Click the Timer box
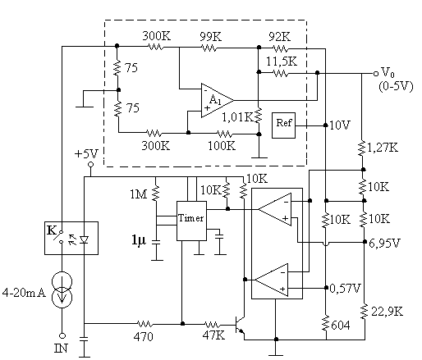pos(191,221)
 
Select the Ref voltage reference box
pos(283,125)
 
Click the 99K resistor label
pos(210,37)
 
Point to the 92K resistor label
pos(279,37)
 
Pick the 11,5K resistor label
pos(282,62)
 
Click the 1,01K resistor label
pos(237,117)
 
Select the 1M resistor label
pos(139,194)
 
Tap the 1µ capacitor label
pos(139,240)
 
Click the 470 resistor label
pos(144,336)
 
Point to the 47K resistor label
pos(213,335)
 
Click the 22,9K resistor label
pos(388,312)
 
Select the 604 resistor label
pos(341,326)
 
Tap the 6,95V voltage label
pos(384,243)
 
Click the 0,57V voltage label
pos(346,289)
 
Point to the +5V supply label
pos(86,154)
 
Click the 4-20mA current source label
pos(24,293)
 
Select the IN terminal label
pos(61,349)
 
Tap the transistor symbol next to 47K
pos(240,325)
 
